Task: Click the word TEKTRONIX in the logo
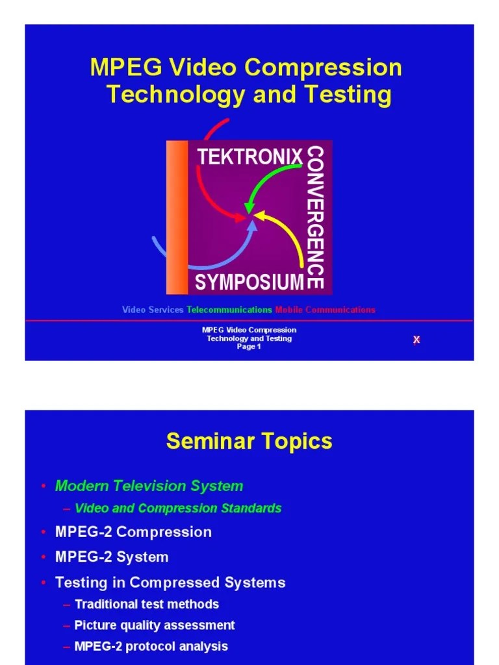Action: coord(250,157)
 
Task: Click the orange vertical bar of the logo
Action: coord(177,218)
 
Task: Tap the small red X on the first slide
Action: coord(416,340)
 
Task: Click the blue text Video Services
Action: coord(153,310)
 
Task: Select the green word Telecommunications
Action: coord(229,310)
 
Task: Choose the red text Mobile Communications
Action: coord(325,310)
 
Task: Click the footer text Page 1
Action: coord(249,347)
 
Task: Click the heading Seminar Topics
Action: coord(249,442)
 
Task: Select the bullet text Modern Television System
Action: coord(149,486)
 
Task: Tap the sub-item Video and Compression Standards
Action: coord(178,508)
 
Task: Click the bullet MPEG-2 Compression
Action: coord(133,532)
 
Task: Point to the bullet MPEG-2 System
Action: coord(112,557)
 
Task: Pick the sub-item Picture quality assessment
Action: coord(155,625)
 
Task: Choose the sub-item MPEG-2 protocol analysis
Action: coord(151,646)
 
